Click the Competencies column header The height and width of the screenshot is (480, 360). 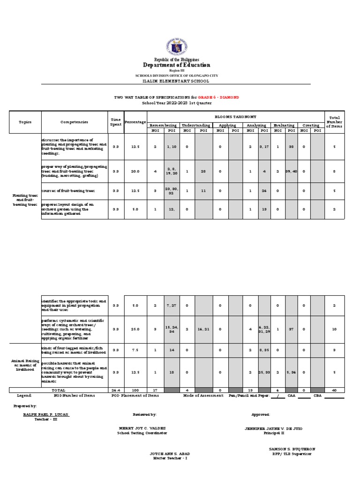[74, 122]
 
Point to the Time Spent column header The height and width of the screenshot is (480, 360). [115, 122]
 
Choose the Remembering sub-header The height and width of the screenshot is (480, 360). [163, 125]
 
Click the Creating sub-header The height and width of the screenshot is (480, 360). [311, 125]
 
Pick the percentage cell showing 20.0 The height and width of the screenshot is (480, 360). [135, 172]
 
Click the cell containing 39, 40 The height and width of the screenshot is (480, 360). [291, 172]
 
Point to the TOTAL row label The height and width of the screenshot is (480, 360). [59, 390]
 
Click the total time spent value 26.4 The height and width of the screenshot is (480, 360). [115, 390]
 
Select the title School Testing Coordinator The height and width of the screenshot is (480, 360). [142, 433]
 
